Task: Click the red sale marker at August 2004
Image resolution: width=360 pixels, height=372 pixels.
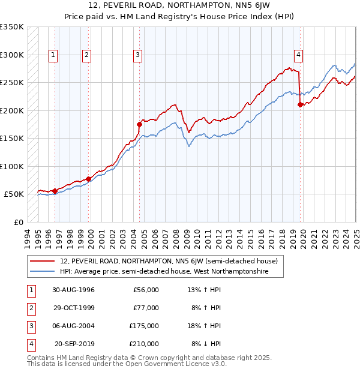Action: pyautogui.click(x=139, y=125)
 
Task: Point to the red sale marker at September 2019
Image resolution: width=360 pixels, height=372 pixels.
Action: pyautogui.click(x=300, y=105)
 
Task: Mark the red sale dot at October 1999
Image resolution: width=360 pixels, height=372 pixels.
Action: pyautogui.click(x=88, y=179)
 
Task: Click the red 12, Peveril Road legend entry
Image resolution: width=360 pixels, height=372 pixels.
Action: pyautogui.click(x=169, y=262)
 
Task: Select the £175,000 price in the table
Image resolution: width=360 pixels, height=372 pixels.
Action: pyautogui.click(x=144, y=326)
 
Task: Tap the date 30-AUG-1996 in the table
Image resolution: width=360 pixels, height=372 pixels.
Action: pyautogui.click(x=74, y=290)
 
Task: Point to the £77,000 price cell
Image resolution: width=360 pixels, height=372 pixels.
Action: pyautogui.click(x=146, y=308)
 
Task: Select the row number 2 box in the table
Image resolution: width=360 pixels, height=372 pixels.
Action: pyautogui.click(x=30, y=308)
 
